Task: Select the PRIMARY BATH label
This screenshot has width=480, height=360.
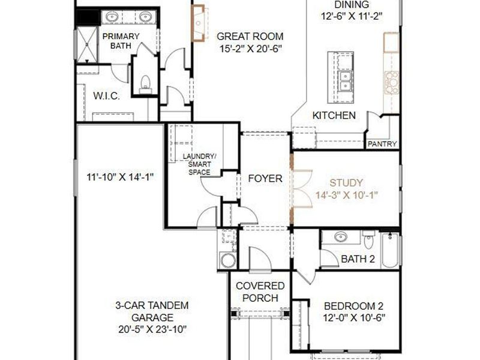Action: pyautogui.click(x=121, y=41)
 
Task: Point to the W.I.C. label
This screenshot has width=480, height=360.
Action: pyautogui.click(x=106, y=96)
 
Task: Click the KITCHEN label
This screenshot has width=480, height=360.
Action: pyautogui.click(x=334, y=115)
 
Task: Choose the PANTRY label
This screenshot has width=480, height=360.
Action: pyautogui.click(x=382, y=144)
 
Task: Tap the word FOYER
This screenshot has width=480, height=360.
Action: pyautogui.click(x=265, y=178)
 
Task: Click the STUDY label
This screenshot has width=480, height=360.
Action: pyautogui.click(x=347, y=182)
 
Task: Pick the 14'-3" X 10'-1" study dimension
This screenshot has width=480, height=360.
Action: pyautogui.click(x=347, y=194)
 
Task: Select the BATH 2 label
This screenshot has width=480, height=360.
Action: pyautogui.click(x=358, y=259)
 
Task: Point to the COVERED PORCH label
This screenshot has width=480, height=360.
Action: pyautogui.click(x=260, y=292)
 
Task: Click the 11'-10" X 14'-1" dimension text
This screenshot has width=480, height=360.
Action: pyautogui.click(x=121, y=177)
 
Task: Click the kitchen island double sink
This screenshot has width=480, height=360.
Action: pyautogui.click(x=345, y=79)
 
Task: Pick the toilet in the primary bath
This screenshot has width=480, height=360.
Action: pyautogui.click(x=144, y=83)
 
